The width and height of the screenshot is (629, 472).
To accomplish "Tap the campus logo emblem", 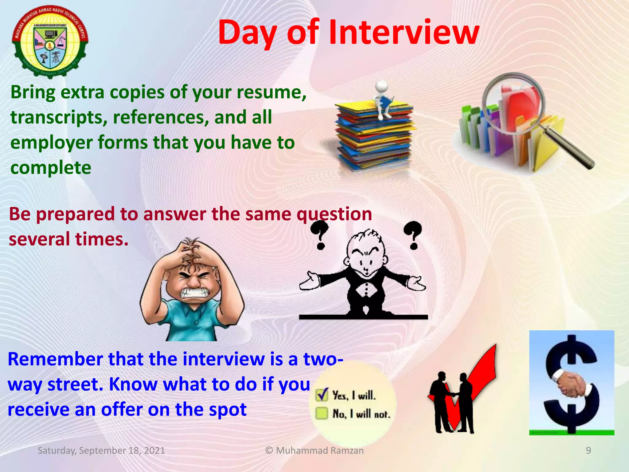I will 50,41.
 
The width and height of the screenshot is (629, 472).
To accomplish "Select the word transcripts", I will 59,117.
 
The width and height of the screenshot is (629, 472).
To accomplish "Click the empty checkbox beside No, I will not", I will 322,413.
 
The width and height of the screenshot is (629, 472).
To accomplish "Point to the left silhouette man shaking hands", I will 440,403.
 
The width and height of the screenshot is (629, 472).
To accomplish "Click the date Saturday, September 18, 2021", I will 101,450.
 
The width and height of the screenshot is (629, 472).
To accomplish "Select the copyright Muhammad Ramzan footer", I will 314,450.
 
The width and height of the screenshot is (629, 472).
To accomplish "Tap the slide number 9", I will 588,450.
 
